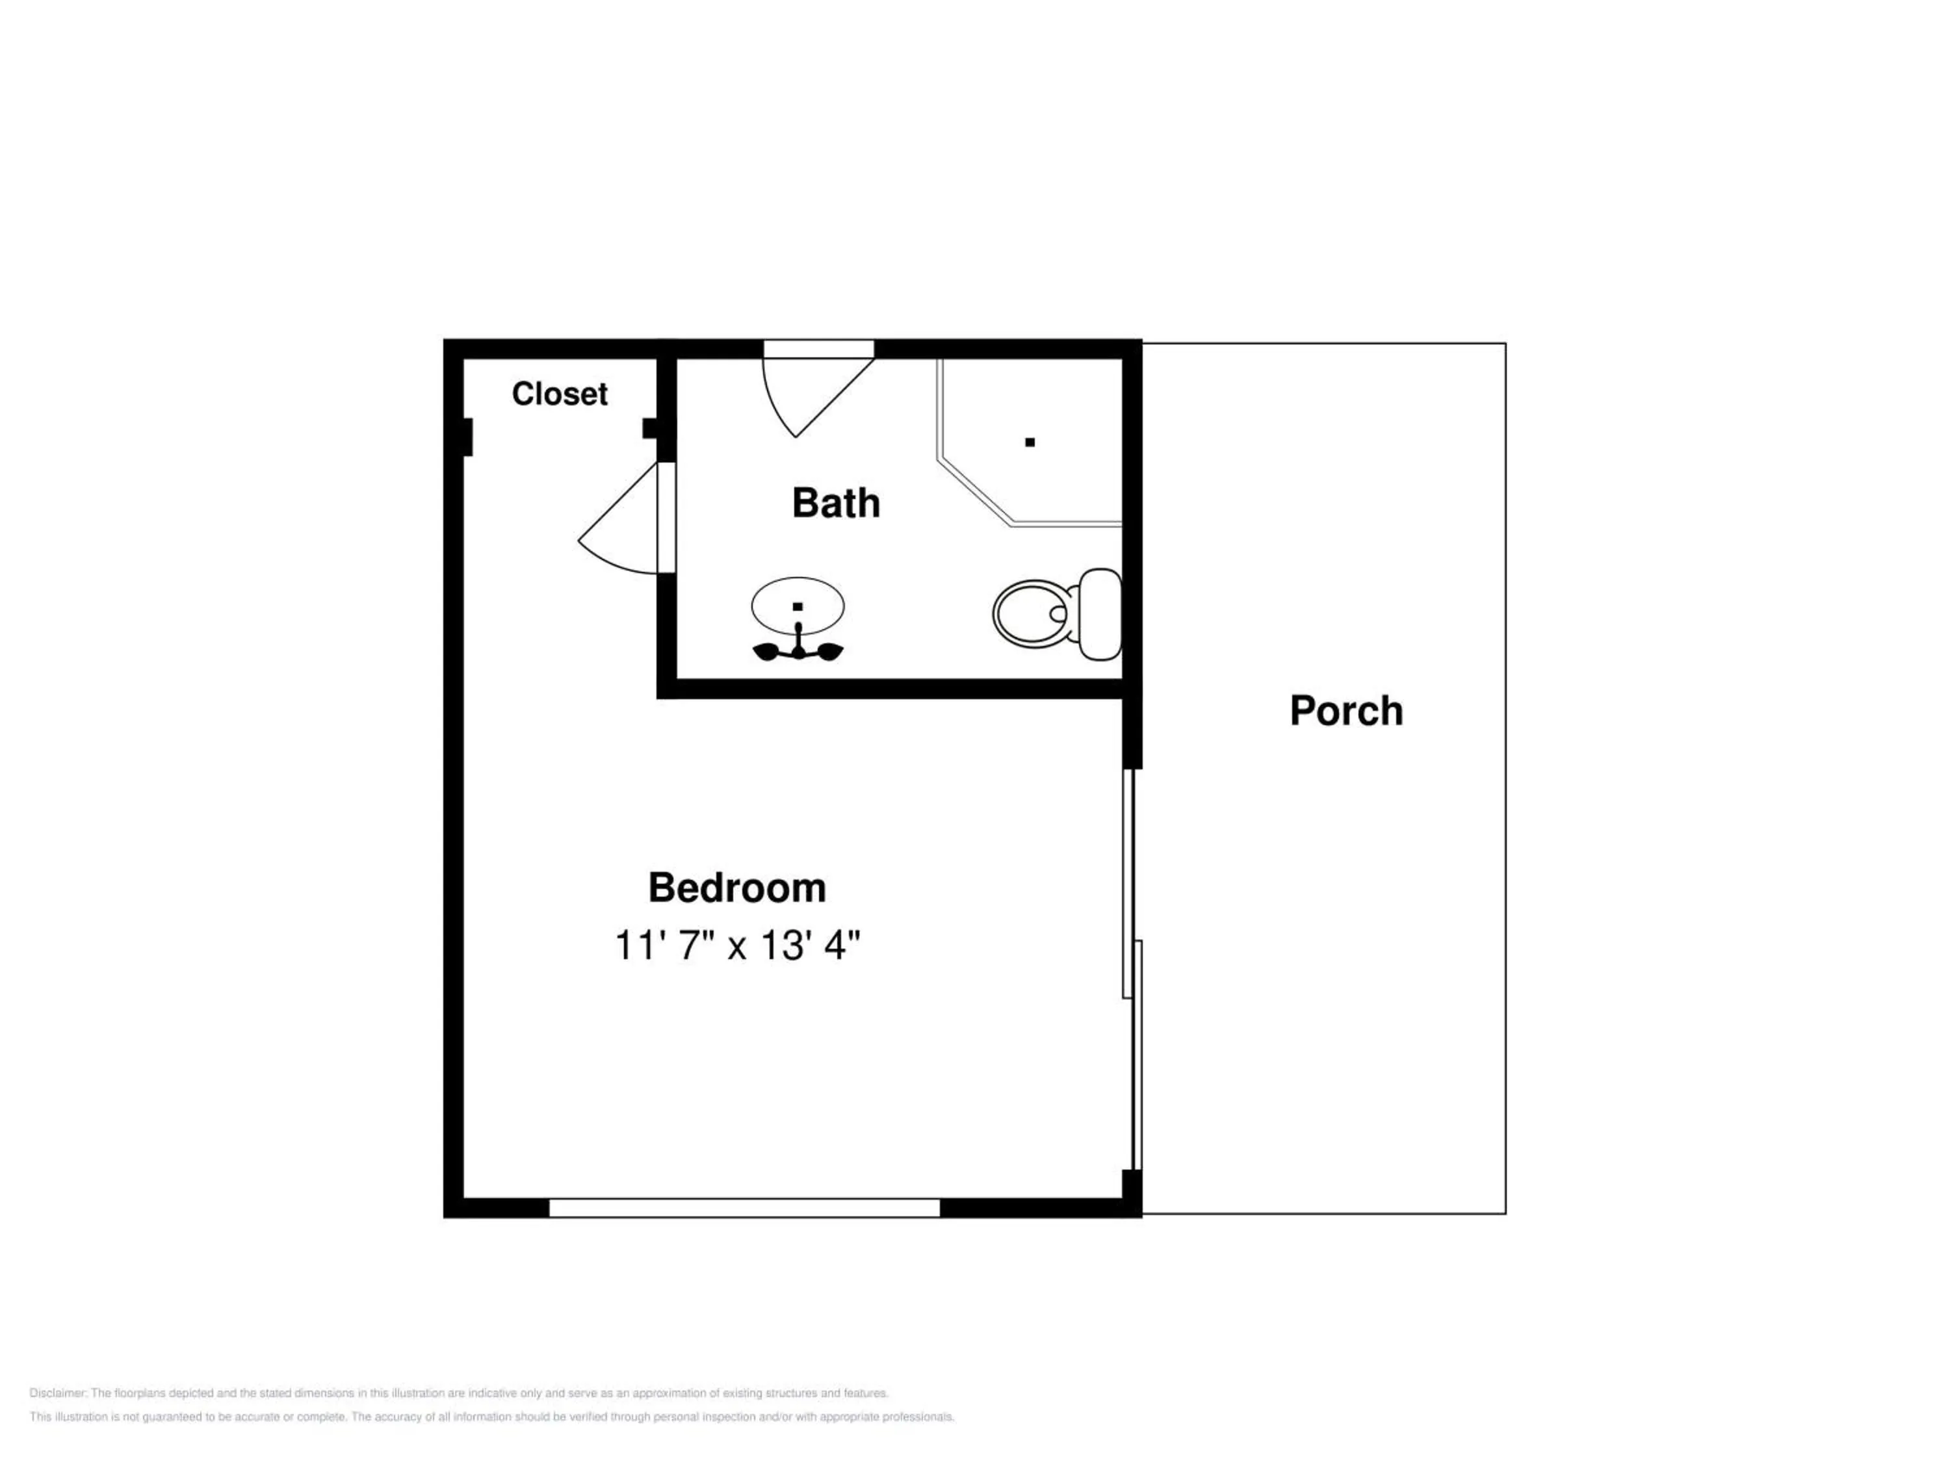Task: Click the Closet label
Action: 559,394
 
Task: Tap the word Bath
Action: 836,503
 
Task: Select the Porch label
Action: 1346,710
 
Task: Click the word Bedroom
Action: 737,888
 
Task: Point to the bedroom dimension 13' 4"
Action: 810,945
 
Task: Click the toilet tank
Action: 1100,613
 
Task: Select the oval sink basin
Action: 798,606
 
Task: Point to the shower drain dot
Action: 1030,442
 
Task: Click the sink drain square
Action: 798,606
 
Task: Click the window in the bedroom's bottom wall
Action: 745,1208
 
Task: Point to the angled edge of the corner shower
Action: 975,491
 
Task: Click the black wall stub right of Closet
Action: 651,428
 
